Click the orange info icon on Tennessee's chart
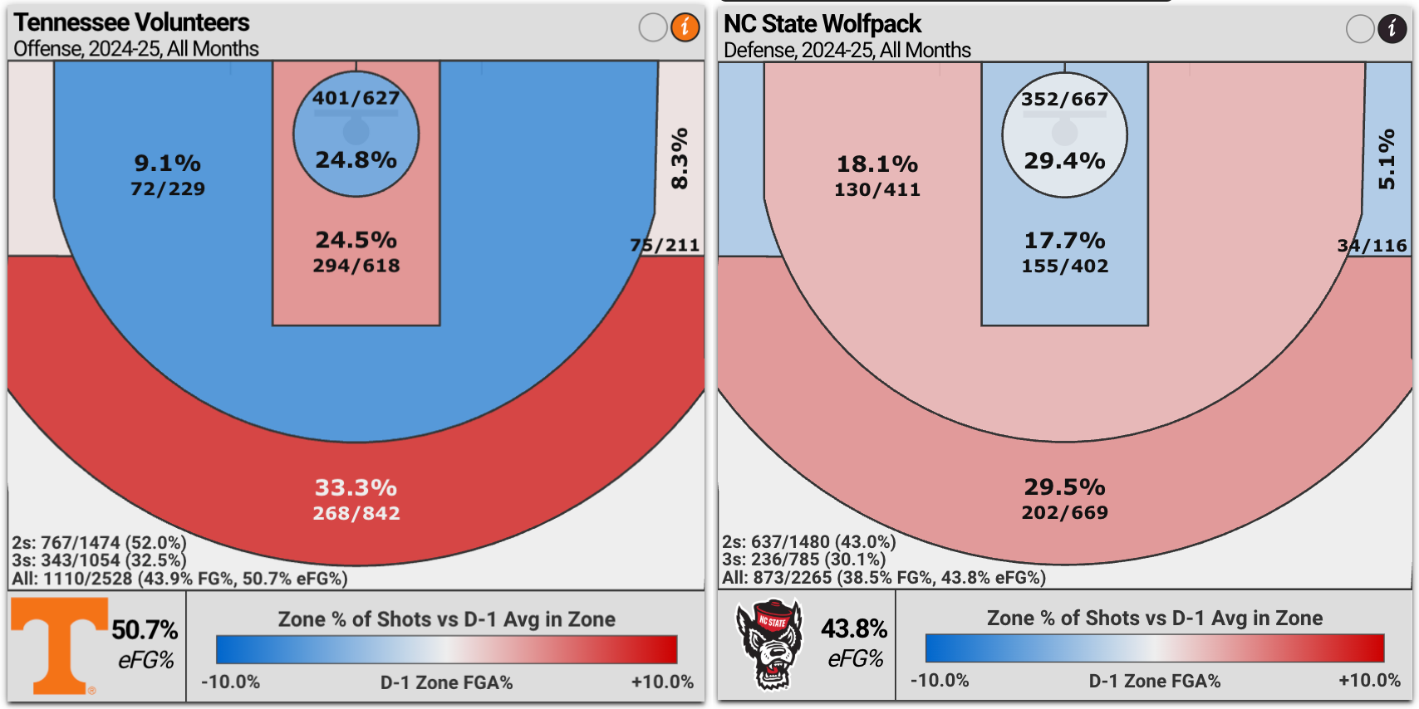tap(685, 27)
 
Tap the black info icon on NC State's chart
tap(1392, 28)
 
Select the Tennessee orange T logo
tap(59, 645)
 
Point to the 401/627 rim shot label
tap(356, 98)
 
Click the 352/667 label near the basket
tap(1064, 99)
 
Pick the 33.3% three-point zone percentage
tap(356, 487)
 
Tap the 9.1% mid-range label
tap(167, 163)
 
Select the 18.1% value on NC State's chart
tap(877, 164)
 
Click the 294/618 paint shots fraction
tap(356, 266)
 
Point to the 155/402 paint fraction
tap(1064, 266)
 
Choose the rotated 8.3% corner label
tap(680, 159)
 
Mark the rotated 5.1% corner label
tap(1387, 159)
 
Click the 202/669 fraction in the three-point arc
tap(1064, 512)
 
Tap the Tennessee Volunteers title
tap(131, 22)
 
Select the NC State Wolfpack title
tap(822, 23)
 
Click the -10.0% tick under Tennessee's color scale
tap(230, 682)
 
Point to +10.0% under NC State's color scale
tap(1369, 680)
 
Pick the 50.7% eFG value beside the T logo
tap(145, 630)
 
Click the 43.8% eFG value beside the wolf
tap(854, 628)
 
